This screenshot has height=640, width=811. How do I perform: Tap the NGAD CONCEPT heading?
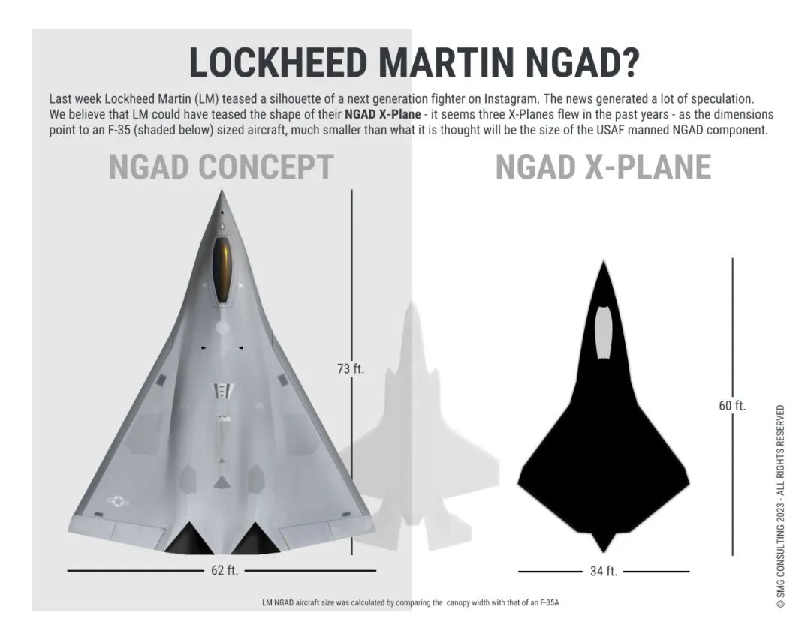(x=222, y=167)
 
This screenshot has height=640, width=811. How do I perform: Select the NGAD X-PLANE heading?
(x=603, y=167)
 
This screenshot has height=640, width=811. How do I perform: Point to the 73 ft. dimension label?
(x=350, y=368)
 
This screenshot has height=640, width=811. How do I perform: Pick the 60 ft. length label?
(x=732, y=406)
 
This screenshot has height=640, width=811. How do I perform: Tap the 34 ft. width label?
(x=603, y=572)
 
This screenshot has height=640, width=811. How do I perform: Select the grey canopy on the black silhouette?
(x=604, y=331)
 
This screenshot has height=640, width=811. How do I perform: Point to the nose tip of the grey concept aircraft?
(x=222, y=193)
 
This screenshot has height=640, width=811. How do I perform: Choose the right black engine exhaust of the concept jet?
(x=255, y=538)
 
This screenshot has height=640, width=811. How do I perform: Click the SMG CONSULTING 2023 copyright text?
(x=781, y=506)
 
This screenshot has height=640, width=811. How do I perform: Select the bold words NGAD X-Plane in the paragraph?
(x=383, y=115)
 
